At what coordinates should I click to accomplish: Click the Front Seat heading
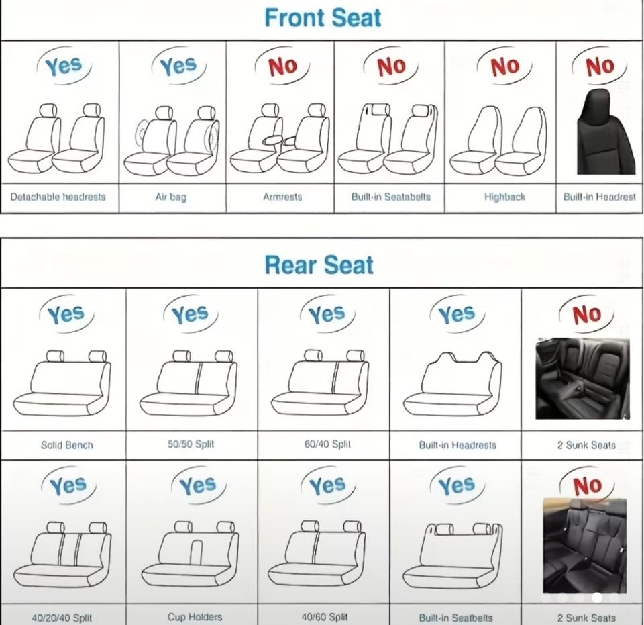click(x=323, y=18)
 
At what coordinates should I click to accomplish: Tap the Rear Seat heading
click(x=319, y=265)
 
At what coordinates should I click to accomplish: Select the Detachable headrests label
click(x=58, y=197)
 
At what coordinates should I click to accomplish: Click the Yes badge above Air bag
click(x=178, y=66)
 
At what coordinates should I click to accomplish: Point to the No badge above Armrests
click(x=282, y=66)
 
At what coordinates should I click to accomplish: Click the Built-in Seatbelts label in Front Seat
click(x=390, y=197)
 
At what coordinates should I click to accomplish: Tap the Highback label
click(x=504, y=197)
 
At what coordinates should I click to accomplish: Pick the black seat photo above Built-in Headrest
click(x=600, y=132)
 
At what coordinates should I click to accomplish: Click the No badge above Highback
click(x=504, y=66)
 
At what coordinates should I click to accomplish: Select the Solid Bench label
click(x=67, y=445)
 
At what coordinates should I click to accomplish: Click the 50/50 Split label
click(x=191, y=444)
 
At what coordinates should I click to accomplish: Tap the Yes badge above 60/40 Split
click(x=327, y=314)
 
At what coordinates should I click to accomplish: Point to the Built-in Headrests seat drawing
click(x=452, y=384)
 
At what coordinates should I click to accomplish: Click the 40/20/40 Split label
click(x=62, y=618)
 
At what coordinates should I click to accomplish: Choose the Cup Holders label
click(x=195, y=617)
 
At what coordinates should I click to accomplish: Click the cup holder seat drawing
click(x=190, y=553)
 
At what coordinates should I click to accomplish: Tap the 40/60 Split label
click(x=325, y=617)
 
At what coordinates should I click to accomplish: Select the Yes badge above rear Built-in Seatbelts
click(x=457, y=485)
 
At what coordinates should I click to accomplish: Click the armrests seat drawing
click(x=280, y=138)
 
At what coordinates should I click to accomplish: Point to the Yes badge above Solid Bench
click(x=66, y=314)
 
